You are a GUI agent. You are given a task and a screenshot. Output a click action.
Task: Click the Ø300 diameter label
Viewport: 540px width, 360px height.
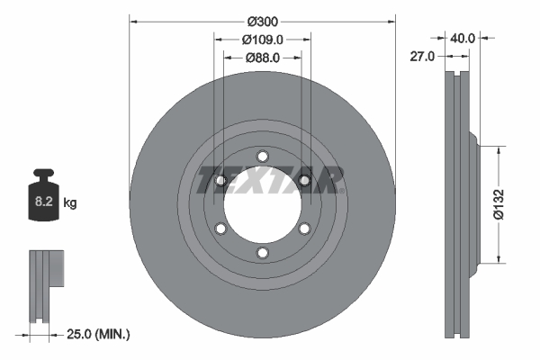pos(262,21)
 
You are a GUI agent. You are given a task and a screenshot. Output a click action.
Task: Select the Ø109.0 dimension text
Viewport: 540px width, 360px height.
pos(263,39)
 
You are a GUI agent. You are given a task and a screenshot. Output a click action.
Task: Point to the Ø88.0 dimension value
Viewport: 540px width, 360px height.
pos(263,57)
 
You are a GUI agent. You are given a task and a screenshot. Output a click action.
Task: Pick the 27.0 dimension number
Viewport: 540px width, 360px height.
pos(422,56)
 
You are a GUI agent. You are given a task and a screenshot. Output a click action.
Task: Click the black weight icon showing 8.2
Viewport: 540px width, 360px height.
pos(43,193)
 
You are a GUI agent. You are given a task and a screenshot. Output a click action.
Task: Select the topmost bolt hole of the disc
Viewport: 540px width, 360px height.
pos(262,154)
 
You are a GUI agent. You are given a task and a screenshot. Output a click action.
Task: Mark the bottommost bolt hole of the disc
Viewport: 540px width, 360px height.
pos(262,253)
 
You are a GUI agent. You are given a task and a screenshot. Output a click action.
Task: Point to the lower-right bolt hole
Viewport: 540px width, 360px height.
pos(304,229)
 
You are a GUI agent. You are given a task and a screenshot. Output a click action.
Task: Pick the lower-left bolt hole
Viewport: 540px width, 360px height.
pos(220,229)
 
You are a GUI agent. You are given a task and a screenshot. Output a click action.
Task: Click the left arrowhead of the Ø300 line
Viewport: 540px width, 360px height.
pos(134,20)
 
